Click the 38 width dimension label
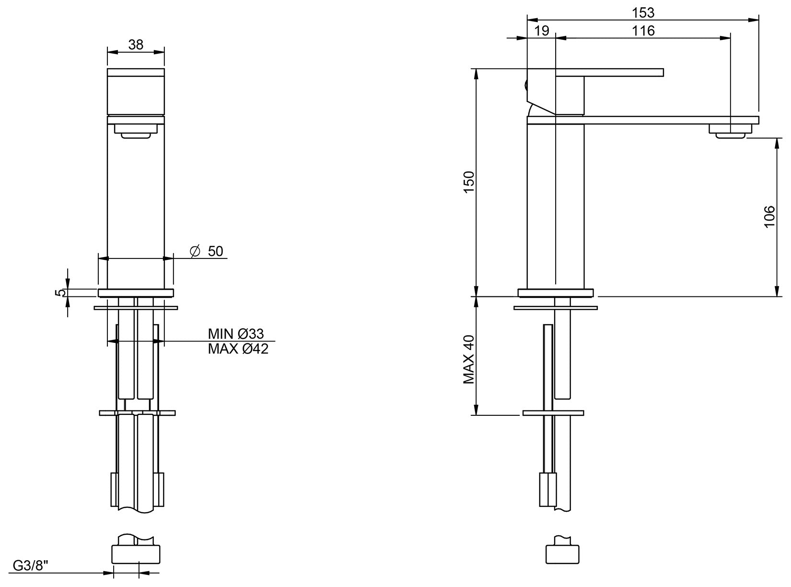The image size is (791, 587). tap(136, 45)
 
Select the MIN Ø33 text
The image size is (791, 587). tap(236, 334)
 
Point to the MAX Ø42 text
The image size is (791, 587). tap(238, 349)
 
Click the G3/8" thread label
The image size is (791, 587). tap(30, 565)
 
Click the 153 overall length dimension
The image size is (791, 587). tap(642, 12)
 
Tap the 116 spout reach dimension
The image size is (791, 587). tap(642, 31)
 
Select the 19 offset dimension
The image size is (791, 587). tap(541, 31)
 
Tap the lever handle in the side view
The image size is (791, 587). tap(609, 72)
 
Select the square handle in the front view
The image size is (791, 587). tap(136, 91)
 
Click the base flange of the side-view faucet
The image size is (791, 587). tap(555, 293)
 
